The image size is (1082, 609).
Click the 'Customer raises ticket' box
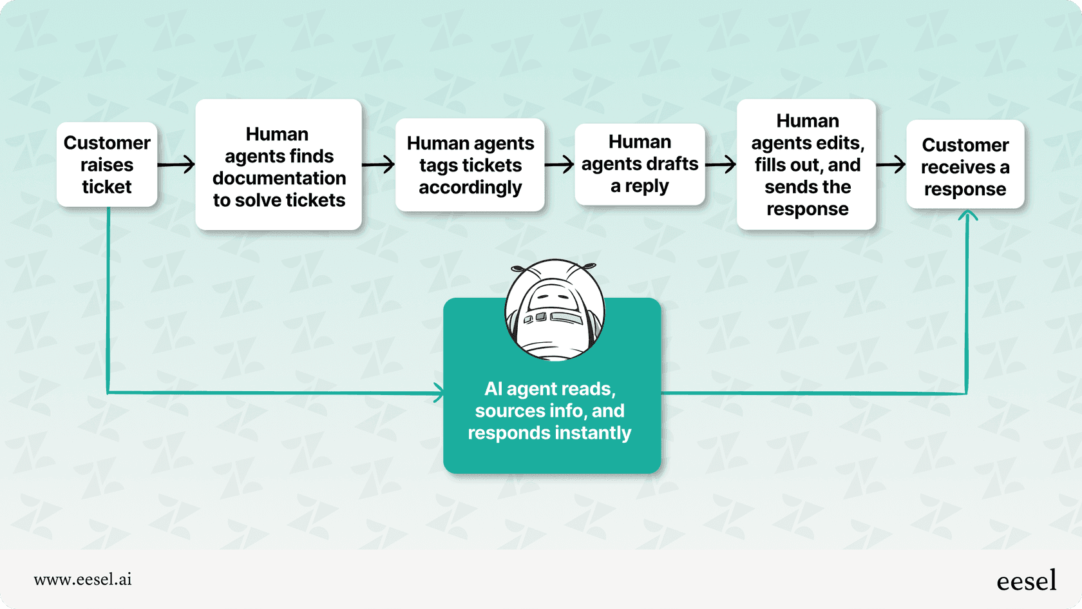(107, 164)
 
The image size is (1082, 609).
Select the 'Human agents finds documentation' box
(278, 164)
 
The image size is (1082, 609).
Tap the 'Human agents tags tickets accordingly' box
(470, 165)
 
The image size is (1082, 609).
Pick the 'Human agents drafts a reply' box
(640, 164)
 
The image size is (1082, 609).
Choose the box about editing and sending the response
(806, 164)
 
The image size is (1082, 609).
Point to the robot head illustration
(555, 310)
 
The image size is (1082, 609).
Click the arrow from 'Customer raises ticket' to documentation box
(176, 164)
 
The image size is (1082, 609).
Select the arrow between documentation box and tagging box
(378, 164)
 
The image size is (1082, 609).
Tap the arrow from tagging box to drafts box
(559, 164)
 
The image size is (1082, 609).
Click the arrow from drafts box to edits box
(721, 164)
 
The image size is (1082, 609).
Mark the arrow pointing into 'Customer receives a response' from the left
(891, 164)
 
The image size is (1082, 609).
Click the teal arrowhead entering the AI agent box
(438, 392)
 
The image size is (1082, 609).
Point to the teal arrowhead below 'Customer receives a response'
(967, 216)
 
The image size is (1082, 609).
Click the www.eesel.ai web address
(82, 579)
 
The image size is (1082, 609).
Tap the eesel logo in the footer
(1026, 581)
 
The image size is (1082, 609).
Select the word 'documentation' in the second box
(279, 178)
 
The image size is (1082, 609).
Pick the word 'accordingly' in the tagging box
(470, 188)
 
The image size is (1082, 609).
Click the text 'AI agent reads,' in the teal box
(549, 389)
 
